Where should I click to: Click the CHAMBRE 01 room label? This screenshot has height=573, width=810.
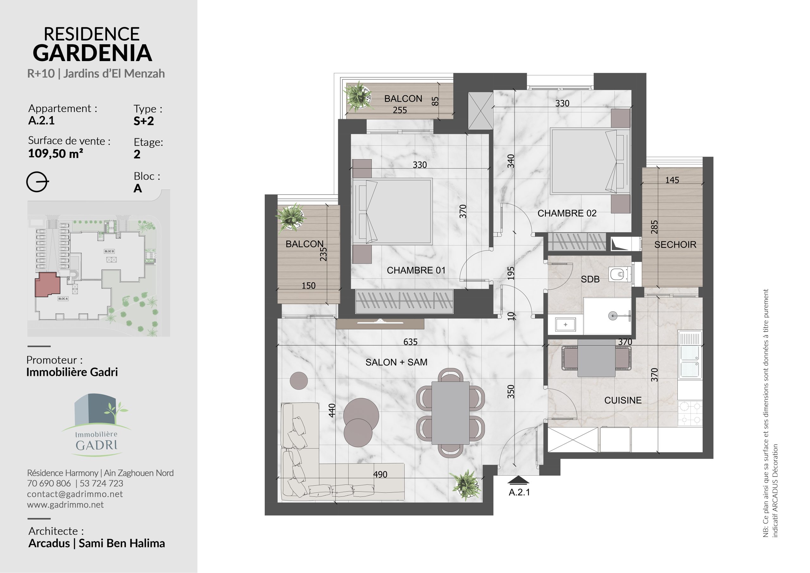(416, 270)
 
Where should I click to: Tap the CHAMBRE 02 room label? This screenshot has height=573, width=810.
(567, 213)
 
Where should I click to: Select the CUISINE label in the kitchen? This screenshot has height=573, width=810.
(623, 400)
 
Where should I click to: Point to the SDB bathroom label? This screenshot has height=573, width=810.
(590, 279)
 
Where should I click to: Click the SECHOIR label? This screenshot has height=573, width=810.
(675, 245)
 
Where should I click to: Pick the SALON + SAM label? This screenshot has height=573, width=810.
(396, 362)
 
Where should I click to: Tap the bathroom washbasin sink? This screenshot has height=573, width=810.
(565, 324)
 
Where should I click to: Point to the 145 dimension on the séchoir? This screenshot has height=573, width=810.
(672, 180)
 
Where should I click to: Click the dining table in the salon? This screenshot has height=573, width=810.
(451, 413)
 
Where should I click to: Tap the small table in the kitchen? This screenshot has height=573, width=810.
(596, 358)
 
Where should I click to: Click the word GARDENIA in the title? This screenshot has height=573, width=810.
(92, 53)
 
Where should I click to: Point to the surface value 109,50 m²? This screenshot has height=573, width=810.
(56, 153)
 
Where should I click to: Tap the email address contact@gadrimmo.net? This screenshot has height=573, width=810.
(75, 494)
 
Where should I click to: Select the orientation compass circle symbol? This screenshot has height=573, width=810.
(37, 182)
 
